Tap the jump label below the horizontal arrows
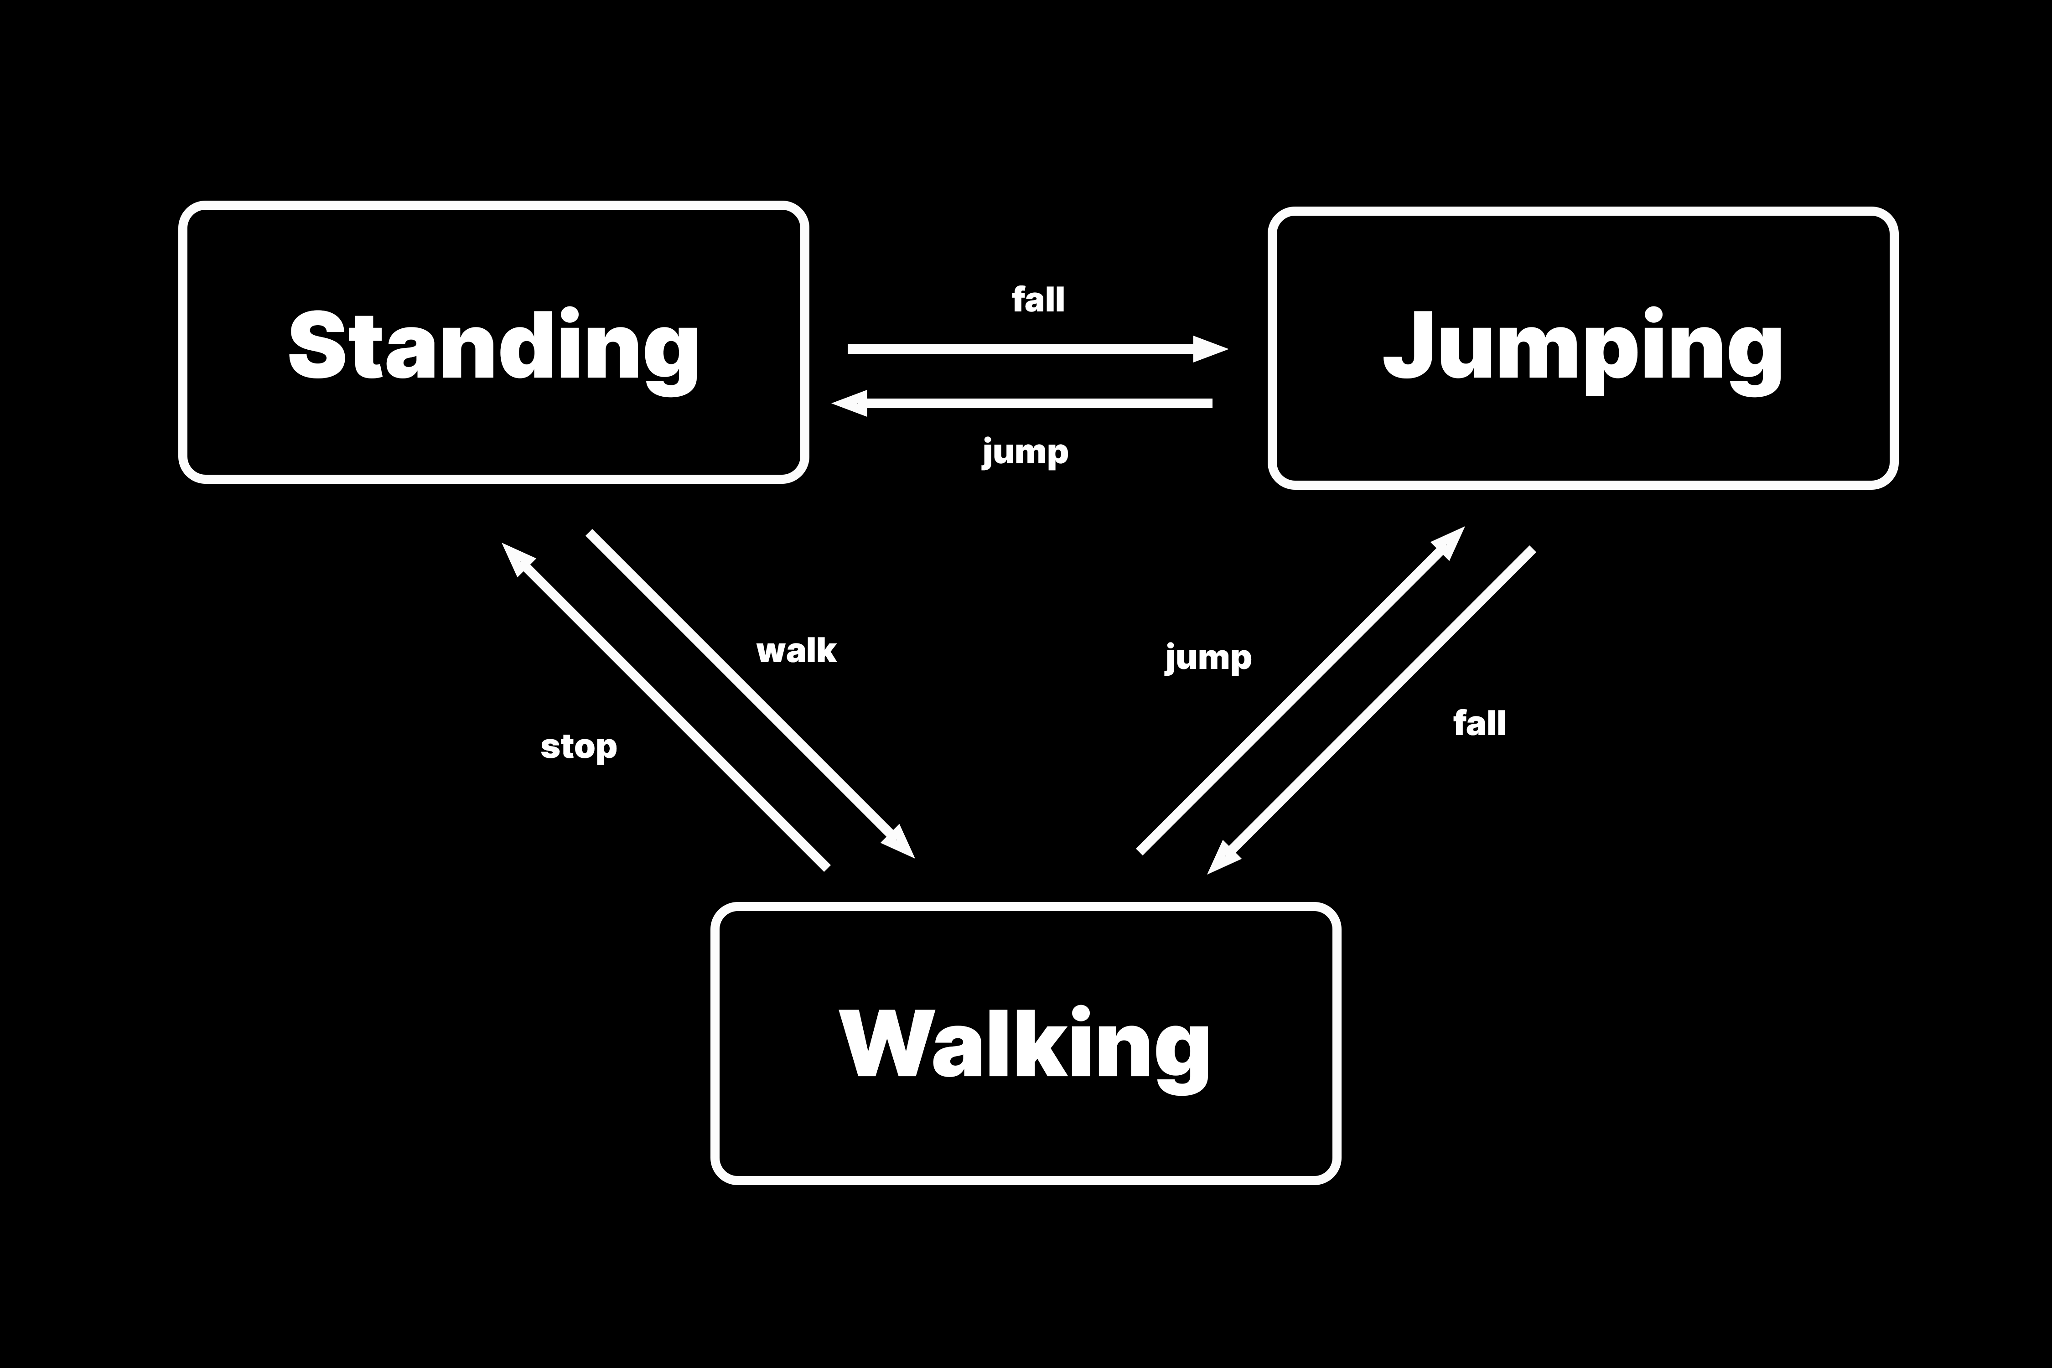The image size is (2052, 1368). pyautogui.click(x=1025, y=452)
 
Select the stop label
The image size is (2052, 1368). pyautogui.click(x=578, y=747)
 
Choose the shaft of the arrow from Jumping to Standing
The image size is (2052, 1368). pyautogui.click(x=1038, y=403)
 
